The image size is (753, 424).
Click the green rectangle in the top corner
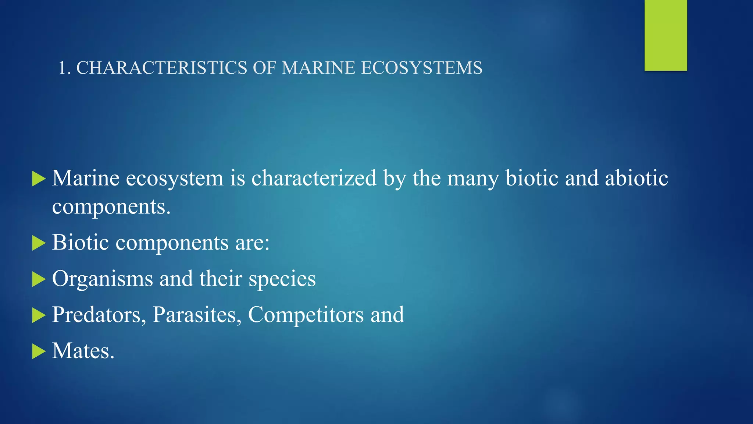(x=665, y=35)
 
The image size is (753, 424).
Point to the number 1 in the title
(x=63, y=68)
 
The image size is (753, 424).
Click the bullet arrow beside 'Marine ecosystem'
(x=39, y=179)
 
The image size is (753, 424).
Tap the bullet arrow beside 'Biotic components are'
(x=39, y=243)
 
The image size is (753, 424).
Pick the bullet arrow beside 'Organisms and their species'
(x=39, y=279)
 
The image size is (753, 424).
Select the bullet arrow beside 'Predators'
(x=39, y=315)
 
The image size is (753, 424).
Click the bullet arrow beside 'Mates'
(x=39, y=351)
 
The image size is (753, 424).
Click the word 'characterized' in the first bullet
(x=314, y=178)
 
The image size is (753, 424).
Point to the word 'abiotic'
(x=636, y=178)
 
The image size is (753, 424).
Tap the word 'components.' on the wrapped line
(x=111, y=207)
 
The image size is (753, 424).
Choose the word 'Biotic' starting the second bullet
(x=81, y=243)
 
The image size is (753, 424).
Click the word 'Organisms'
(x=102, y=279)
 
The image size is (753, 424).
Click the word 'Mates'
(x=83, y=351)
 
